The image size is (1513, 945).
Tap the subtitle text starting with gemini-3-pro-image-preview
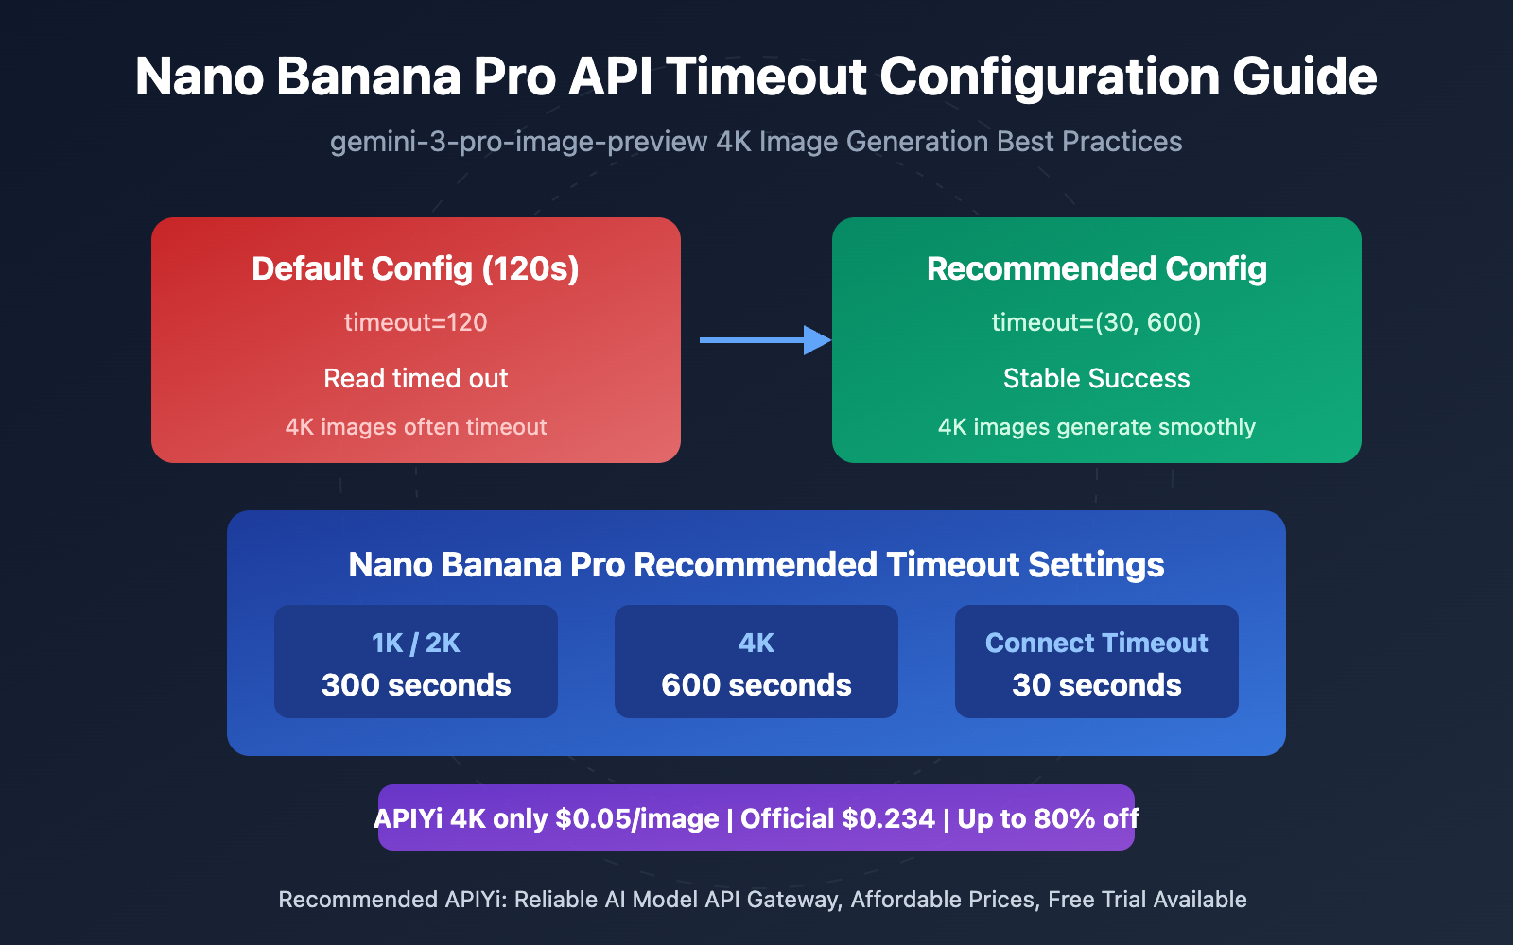(756, 142)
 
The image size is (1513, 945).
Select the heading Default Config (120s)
(415, 268)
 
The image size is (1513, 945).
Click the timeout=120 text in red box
(415, 322)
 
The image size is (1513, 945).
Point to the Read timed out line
(415, 378)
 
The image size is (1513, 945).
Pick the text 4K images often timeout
(415, 427)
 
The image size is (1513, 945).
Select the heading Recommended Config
(1096, 268)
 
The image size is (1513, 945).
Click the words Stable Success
(1096, 378)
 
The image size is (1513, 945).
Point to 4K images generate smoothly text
(1096, 427)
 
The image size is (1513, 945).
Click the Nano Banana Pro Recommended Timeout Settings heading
(756, 565)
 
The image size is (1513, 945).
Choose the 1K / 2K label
(415, 644)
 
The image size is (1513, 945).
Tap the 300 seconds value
(415, 685)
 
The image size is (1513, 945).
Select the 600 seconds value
(756, 685)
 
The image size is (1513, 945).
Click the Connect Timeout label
(1096, 644)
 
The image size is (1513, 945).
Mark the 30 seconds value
(1096, 685)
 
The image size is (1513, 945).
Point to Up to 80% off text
(1048, 818)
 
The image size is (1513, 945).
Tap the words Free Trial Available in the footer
(1147, 900)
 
